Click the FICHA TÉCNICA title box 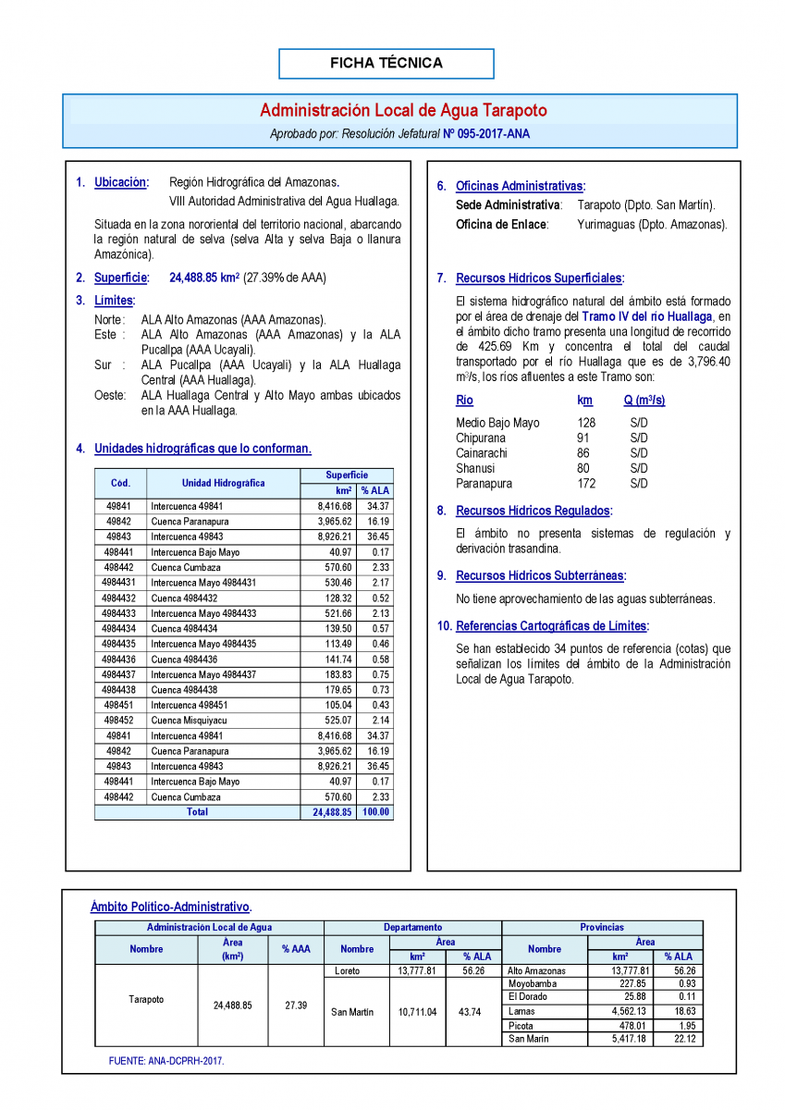(386, 64)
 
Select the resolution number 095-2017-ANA (494, 134)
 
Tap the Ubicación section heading (120, 183)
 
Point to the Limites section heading (114, 301)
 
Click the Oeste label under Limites (111, 395)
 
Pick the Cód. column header (120, 483)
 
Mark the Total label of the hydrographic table (197, 812)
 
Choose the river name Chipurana (482, 438)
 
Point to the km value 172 (586, 484)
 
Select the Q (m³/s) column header (644, 401)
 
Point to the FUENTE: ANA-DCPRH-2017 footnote (166, 1061)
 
